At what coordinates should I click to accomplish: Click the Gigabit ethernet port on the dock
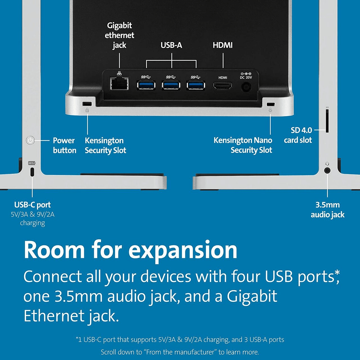(119, 83)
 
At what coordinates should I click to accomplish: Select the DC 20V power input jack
(246, 87)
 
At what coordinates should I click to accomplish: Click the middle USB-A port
(171, 85)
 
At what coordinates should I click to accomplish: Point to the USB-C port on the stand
(32, 172)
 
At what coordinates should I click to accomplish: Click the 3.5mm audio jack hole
(327, 170)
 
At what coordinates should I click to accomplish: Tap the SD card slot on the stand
(327, 121)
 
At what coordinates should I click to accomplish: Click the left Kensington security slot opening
(87, 103)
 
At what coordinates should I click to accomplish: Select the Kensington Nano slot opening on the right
(271, 104)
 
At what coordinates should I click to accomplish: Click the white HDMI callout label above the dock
(223, 45)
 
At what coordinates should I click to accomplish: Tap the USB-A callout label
(171, 45)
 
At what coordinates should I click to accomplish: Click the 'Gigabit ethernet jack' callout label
(119, 35)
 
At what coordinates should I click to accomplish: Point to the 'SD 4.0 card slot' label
(298, 135)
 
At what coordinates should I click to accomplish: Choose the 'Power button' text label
(64, 145)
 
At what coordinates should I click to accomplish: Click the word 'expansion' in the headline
(183, 250)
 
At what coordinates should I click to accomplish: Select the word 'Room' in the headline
(54, 249)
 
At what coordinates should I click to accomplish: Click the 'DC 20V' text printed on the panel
(246, 77)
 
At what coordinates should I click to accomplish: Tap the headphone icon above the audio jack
(327, 164)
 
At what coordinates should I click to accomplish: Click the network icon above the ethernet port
(119, 73)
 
